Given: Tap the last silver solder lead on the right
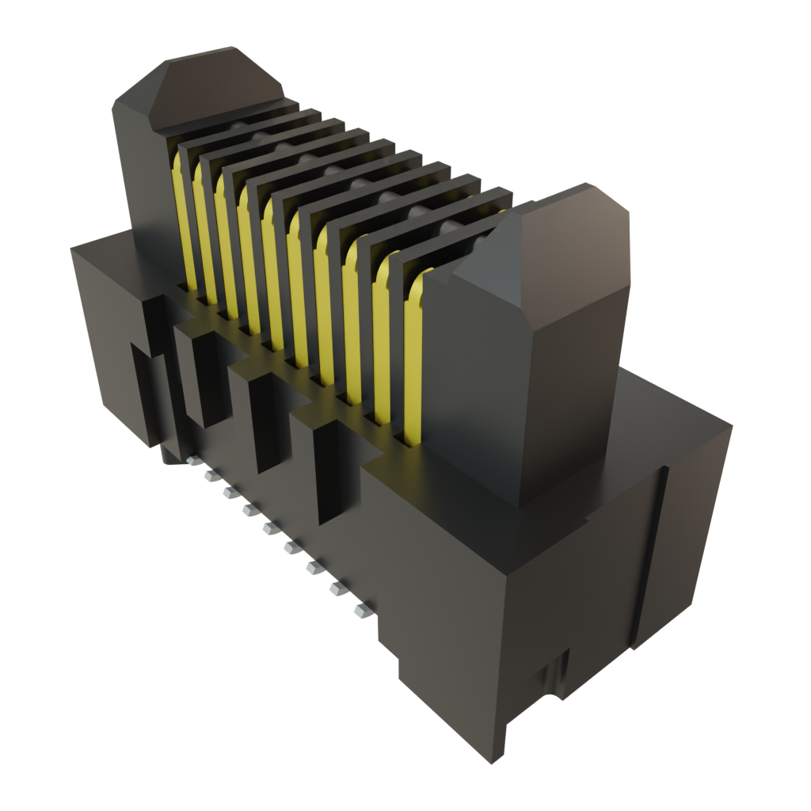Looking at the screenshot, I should [x=361, y=611].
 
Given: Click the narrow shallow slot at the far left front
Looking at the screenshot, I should [x=143, y=388].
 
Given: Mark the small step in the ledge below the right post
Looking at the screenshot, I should [x=586, y=521].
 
